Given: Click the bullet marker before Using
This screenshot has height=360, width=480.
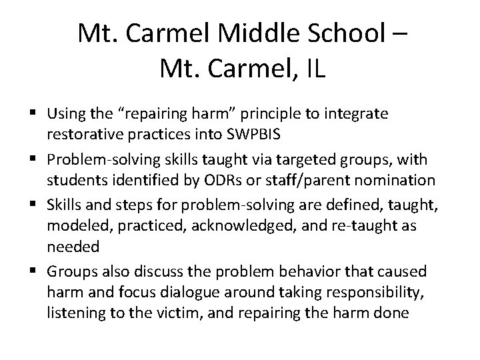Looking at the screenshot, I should [33, 115].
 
